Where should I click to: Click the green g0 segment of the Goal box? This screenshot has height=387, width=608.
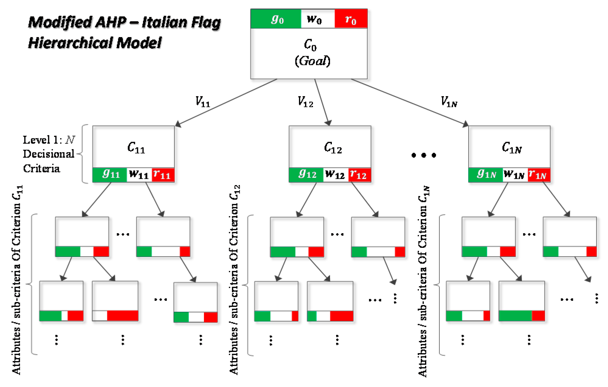pyautogui.click(x=276, y=19)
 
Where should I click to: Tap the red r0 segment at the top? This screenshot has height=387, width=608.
pyautogui.click(x=351, y=19)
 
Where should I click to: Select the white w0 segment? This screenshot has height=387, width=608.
pyautogui.click(x=317, y=19)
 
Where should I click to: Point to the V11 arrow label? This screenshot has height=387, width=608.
pyautogui.click(x=202, y=102)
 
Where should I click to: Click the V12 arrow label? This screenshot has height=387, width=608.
pyautogui.click(x=305, y=102)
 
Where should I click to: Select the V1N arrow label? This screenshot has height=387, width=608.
pyautogui.click(x=449, y=102)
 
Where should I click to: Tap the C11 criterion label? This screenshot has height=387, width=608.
pyautogui.click(x=136, y=148)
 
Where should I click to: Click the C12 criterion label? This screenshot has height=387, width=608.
pyautogui.click(x=332, y=148)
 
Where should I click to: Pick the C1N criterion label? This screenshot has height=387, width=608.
pyautogui.click(x=511, y=148)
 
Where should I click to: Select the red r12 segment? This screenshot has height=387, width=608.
pyautogui.click(x=359, y=175)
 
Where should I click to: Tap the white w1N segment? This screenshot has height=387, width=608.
pyautogui.click(x=515, y=175)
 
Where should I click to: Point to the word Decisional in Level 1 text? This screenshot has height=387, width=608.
pyautogui.click(x=49, y=154)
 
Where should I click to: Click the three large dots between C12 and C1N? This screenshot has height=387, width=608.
pyautogui.click(x=423, y=155)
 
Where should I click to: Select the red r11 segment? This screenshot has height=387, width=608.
pyautogui.click(x=163, y=175)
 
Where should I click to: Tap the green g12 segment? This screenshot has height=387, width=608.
pyautogui.click(x=306, y=175)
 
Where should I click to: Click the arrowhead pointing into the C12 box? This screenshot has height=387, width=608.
pyautogui.click(x=328, y=123)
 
